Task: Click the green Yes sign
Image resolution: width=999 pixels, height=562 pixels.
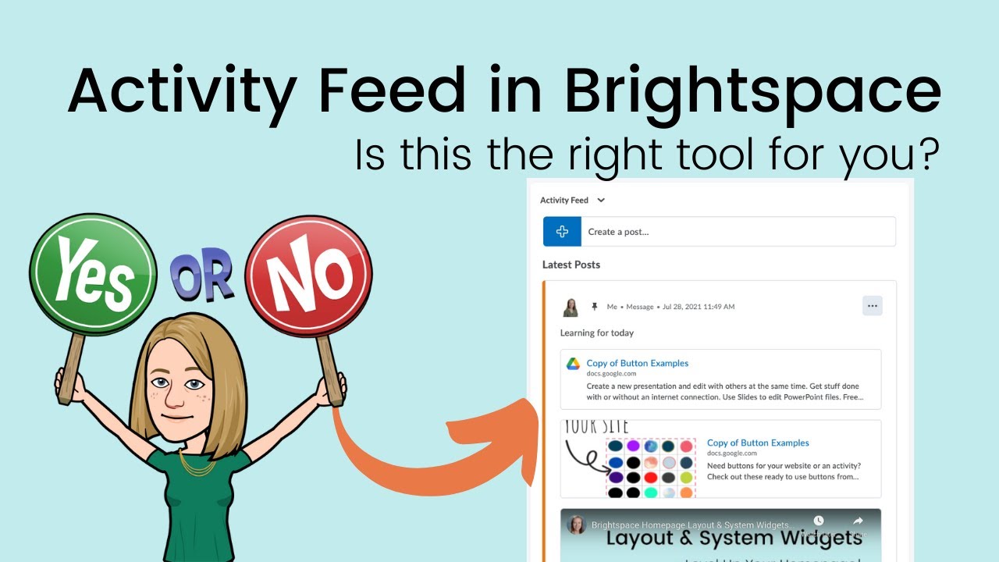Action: coord(93,271)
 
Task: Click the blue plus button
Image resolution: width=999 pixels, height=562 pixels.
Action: coord(562,232)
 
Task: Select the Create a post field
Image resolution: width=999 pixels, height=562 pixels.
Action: coord(738,232)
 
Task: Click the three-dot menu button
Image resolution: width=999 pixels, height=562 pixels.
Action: coord(872,306)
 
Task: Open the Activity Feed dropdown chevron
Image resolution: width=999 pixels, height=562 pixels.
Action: coord(601,201)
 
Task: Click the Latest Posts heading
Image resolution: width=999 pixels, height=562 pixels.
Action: coord(571,265)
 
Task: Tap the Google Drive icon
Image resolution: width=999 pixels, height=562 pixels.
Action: coord(573,364)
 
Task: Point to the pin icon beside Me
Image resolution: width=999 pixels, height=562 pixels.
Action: coord(595,307)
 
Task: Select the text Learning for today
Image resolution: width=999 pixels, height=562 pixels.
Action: coord(596,333)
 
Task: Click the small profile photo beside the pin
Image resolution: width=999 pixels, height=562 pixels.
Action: coord(571,307)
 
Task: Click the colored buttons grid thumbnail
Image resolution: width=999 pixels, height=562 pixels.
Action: coord(651,467)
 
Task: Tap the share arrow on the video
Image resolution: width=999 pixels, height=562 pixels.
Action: coord(857,521)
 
